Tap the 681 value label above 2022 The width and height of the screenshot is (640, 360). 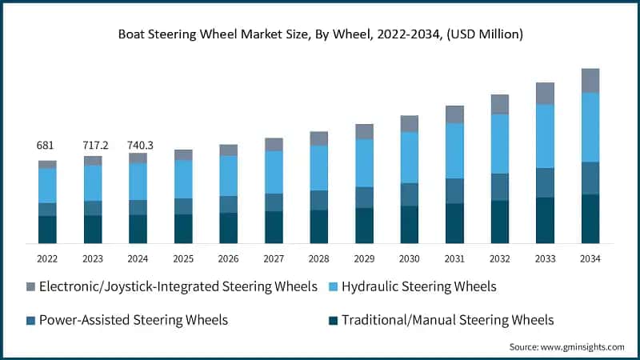(46, 146)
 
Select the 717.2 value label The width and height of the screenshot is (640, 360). (93, 146)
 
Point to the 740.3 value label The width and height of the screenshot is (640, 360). (138, 146)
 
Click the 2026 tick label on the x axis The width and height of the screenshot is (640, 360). (229, 258)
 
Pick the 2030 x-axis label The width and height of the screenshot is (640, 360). (410, 258)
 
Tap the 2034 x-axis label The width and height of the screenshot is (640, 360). (590, 258)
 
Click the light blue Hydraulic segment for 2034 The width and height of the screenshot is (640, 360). (590, 127)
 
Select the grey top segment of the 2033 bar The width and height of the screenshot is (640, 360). (546, 94)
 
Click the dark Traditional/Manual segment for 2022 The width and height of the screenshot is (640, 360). (47, 229)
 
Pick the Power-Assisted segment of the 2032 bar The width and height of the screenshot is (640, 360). (500, 186)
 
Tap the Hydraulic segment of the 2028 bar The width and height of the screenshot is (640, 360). (319, 168)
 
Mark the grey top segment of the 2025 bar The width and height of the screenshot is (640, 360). (183, 155)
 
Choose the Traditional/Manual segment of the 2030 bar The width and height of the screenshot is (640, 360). (410, 224)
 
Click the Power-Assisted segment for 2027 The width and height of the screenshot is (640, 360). (274, 202)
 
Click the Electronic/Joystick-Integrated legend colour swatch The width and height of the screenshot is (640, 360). (31, 286)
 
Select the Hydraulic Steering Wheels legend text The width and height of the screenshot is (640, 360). (419, 286)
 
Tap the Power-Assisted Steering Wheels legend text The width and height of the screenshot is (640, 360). (134, 320)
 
